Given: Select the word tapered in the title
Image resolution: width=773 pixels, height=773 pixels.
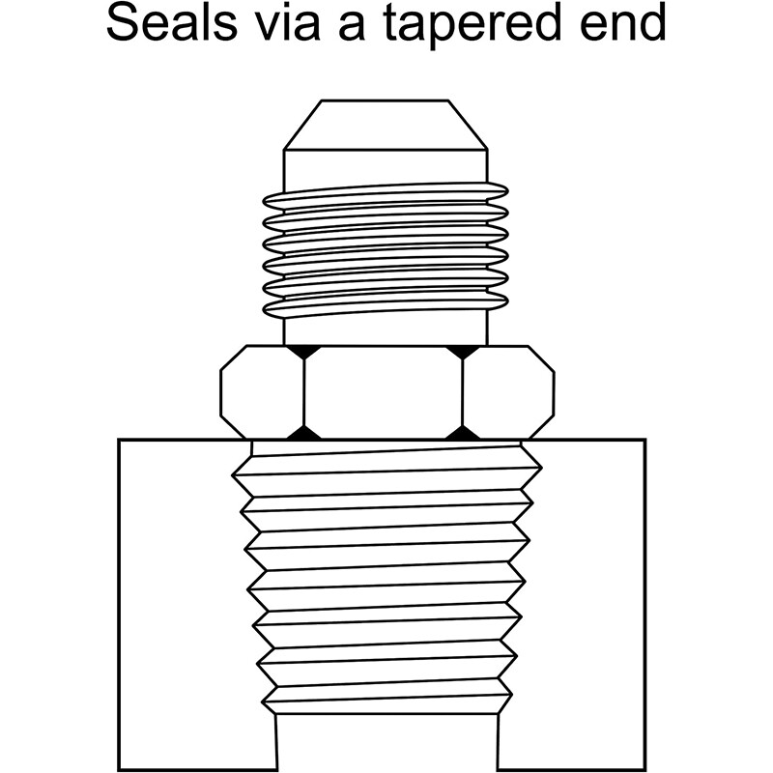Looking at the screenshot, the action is pyautogui.click(x=472, y=26).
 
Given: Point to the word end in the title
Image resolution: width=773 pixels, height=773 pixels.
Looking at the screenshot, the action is pyautogui.click(x=622, y=23).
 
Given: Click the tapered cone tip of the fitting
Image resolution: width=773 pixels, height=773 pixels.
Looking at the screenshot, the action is pyautogui.click(x=385, y=125).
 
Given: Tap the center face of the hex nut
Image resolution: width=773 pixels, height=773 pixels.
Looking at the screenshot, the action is pyautogui.click(x=383, y=392).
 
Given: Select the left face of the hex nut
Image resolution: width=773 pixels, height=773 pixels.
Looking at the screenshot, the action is pyautogui.click(x=262, y=392).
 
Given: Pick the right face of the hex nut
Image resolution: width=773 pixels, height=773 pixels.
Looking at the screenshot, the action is pyautogui.click(x=508, y=392).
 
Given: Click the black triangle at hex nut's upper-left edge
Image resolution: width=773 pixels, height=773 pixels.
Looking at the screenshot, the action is pyautogui.click(x=303, y=351).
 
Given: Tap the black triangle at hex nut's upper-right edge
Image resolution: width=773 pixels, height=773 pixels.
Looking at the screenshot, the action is pyautogui.click(x=463, y=351).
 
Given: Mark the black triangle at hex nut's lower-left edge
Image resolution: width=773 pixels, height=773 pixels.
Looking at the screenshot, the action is pyautogui.click(x=304, y=433).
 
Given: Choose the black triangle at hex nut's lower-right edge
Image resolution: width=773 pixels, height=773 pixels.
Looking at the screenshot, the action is pyautogui.click(x=463, y=433).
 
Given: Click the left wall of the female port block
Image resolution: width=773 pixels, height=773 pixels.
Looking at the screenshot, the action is pyautogui.click(x=197, y=604).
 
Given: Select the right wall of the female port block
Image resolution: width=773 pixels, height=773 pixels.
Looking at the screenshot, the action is pyautogui.click(x=572, y=604).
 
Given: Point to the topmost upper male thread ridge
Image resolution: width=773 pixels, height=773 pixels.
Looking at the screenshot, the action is pyautogui.click(x=385, y=195).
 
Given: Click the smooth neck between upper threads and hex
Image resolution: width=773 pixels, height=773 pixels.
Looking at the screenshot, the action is pyautogui.click(x=385, y=329).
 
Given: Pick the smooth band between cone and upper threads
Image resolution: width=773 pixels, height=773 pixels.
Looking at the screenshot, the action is pyautogui.click(x=385, y=170).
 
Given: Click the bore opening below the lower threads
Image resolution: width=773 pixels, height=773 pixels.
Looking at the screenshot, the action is pyautogui.click(x=386, y=742).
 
